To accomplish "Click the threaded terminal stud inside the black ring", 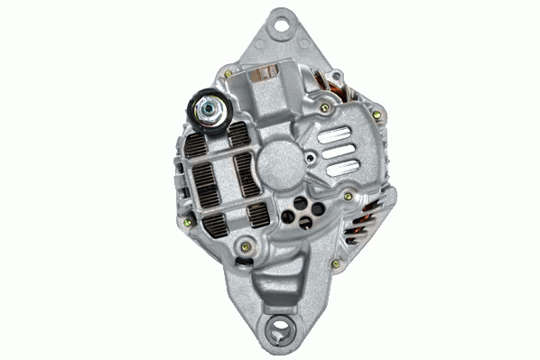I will (x=207, y=109).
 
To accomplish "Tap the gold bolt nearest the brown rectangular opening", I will (x=228, y=75).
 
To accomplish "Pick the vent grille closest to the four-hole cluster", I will (x=256, y=216).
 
